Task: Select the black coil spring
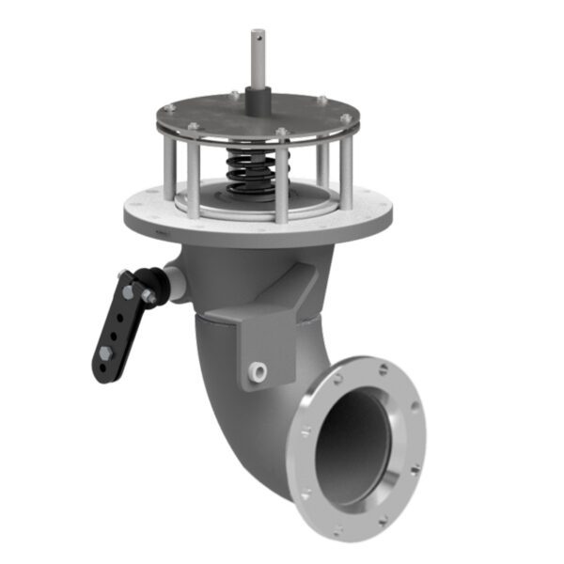[x=252, y=169]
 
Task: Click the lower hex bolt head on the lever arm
[x=104, y=355]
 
